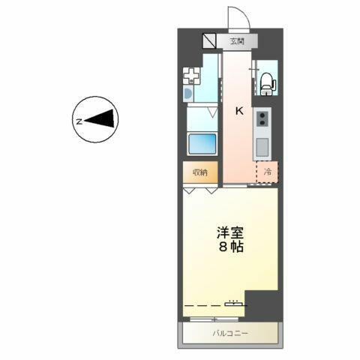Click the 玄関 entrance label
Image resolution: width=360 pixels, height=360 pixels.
point(236,41)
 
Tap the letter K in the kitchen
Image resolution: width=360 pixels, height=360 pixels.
point(239,110)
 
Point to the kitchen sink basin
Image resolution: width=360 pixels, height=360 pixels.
point(263,146)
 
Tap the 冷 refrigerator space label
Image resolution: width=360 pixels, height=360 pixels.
point(268,172)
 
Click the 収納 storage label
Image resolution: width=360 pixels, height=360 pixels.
point(199,173)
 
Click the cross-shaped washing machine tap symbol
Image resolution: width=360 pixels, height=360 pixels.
point(193,76)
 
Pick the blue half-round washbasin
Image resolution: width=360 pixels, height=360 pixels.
point(188,95)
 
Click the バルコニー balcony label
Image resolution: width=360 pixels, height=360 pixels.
point(229,331)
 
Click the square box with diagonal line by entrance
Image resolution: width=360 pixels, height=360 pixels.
point(208,41)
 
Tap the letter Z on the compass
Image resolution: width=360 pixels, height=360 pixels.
point(78,119)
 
